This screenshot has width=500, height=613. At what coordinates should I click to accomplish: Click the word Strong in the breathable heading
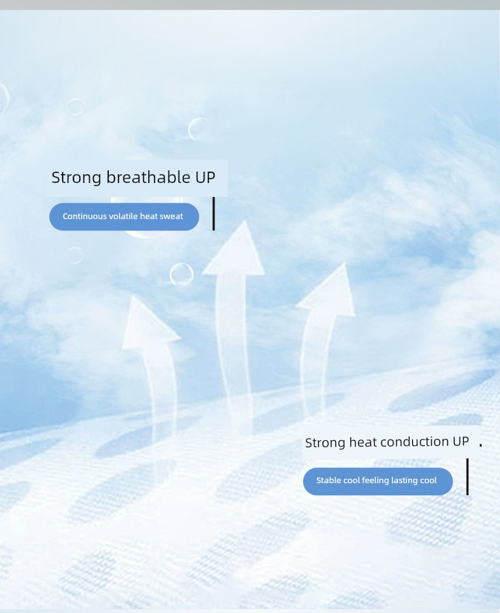point(76,178)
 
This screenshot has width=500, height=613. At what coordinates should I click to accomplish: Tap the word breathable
point(148,177)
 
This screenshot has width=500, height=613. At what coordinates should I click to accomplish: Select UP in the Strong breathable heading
point(205,177)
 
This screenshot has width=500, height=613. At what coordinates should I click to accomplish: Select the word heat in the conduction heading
point(363,442)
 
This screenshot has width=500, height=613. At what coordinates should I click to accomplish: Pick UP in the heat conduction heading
point(461,441)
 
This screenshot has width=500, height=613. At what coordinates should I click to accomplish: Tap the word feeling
point(374,481)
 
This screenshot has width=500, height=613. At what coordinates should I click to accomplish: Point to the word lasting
point(404,481)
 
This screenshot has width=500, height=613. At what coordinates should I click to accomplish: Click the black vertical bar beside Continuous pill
point(214,213)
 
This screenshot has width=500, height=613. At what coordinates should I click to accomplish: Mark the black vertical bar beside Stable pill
point(467,477)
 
